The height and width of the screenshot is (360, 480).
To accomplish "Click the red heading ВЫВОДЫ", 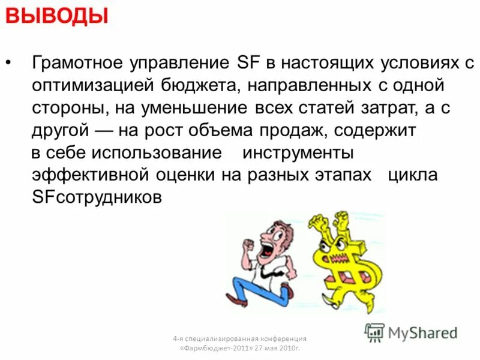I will coord(57,16).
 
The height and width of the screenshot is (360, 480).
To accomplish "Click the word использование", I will coord(157,153).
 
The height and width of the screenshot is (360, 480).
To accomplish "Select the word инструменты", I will coord(298,153).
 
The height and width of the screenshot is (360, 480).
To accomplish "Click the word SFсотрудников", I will coord(97,197).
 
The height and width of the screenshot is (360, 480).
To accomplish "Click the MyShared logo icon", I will coord(374,332).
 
